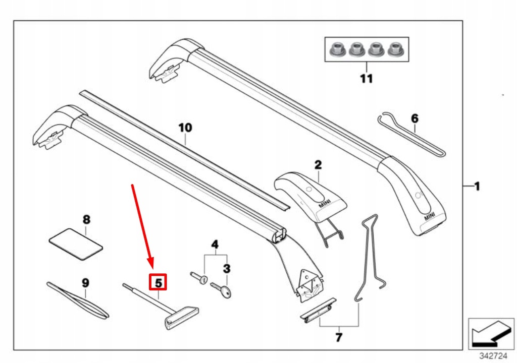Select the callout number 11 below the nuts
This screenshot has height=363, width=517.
click(x=367, y=79)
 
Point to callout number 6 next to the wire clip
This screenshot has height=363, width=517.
click(x=415, y=119)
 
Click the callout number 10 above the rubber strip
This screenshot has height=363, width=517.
click(x=185, y=128)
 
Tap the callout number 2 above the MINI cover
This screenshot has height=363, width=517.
click(x=318, y=164)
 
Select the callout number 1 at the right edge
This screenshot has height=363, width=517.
click(x=477, y=187)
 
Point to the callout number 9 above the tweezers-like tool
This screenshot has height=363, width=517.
click(x=85, y=282)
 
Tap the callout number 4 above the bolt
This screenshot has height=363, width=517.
click(x=215, y=246)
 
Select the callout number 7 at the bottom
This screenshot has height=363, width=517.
click(x=339, y=336)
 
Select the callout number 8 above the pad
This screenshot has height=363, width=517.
click(x=86, y=220)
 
